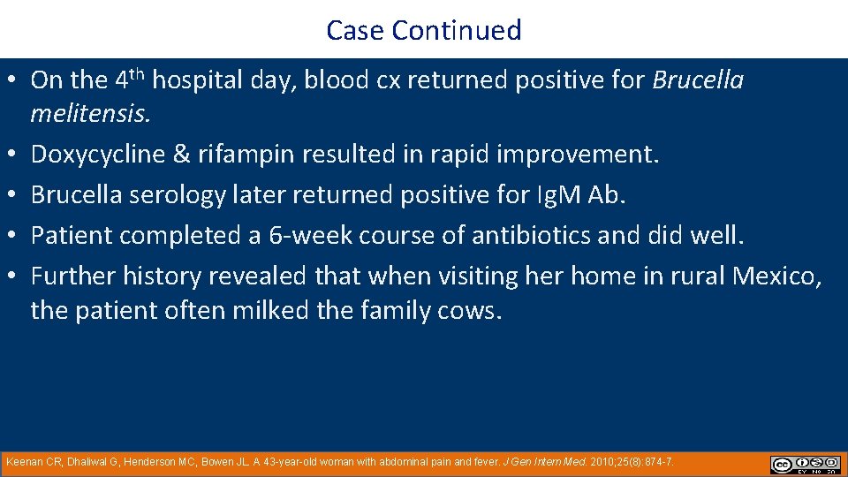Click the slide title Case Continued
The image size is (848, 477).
pyautogui.click(x=424, y=30)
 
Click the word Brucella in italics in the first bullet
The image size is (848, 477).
pyautogui.click(x=698, y=80)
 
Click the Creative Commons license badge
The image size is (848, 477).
pyautogui.click(x=805, y=465)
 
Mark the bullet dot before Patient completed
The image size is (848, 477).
pyautogui.click(x=15, y=236)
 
